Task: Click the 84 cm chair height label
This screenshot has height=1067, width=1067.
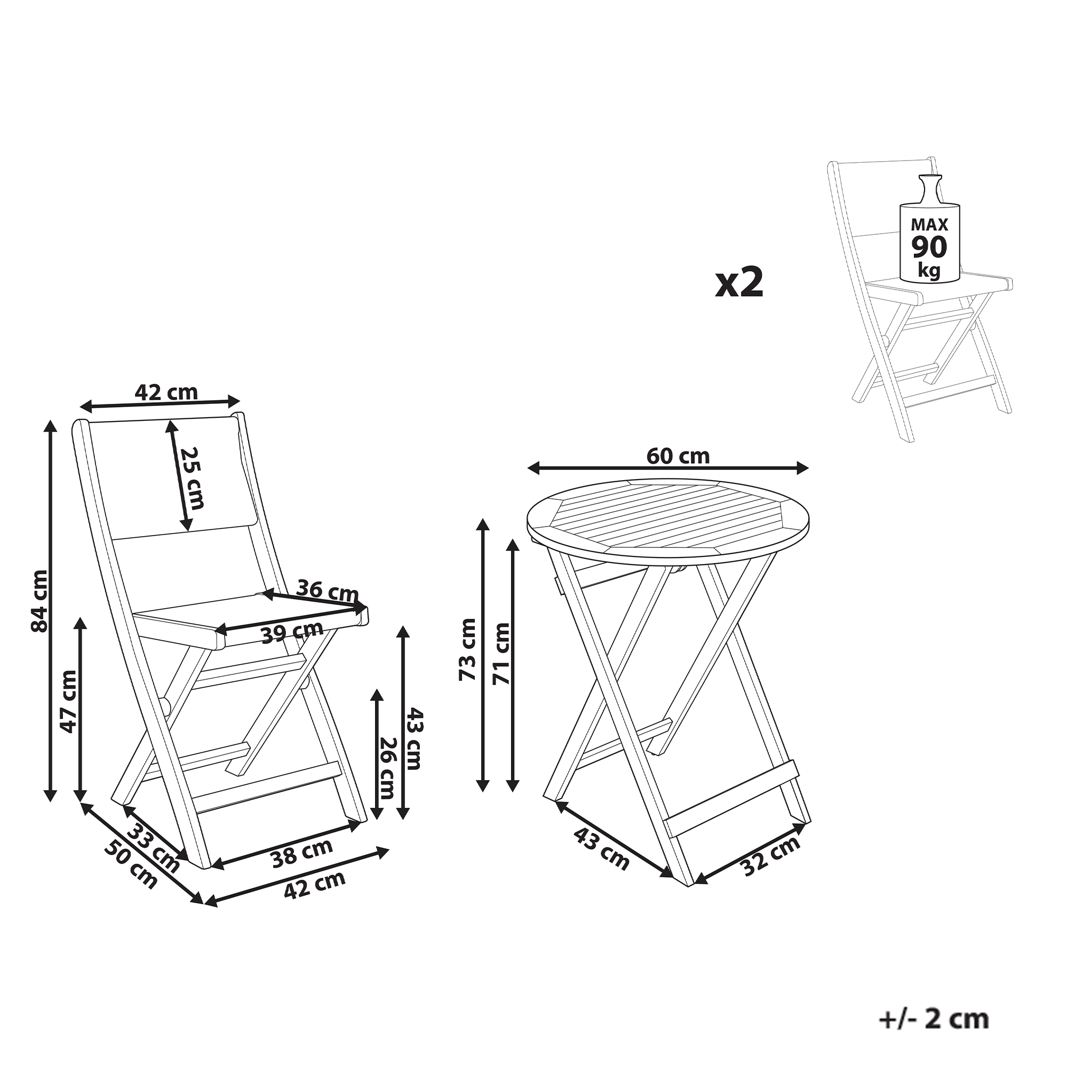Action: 40,601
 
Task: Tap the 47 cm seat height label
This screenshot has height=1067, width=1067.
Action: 68,702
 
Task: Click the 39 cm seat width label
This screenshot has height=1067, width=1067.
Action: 292,632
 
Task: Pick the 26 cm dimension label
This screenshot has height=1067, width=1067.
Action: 386,768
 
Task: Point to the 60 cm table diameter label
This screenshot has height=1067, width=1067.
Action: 678,456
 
